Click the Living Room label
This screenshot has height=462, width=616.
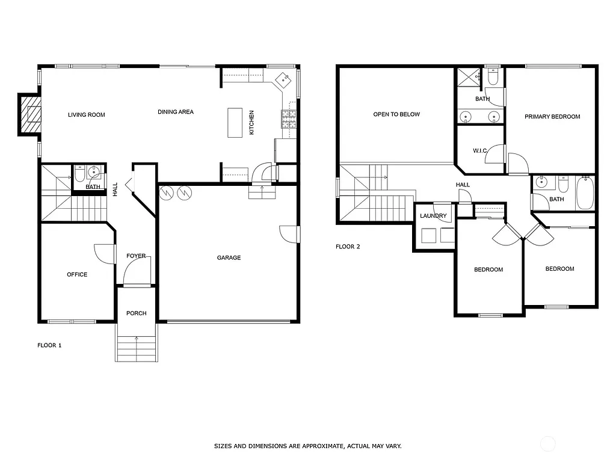point(86,114)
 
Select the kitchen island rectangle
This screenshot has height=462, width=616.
point(235,123)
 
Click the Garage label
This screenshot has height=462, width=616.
point(229,257)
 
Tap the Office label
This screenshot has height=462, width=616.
point(77,274)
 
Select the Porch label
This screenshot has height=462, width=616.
point(136,313)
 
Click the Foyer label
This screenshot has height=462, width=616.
point(136,256)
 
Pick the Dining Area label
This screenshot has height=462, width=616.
point(176,111)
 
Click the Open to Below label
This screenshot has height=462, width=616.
point(396,114)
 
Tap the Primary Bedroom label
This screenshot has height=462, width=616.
point(552,117)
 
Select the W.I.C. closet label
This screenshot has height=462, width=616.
point(479,150)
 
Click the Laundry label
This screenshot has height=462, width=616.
point(433,216)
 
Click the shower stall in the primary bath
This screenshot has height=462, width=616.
point(469,78)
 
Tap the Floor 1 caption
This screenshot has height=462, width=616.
point(49,345)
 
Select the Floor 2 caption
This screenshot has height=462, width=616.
point(348,247)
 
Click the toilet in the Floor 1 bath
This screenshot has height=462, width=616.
point(79,176)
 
